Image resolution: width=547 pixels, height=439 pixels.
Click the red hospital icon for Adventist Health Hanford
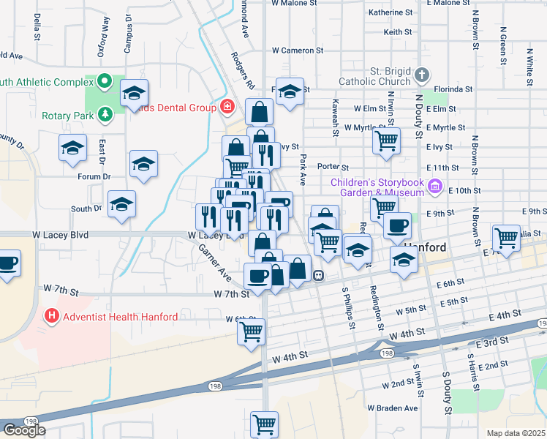point(52,317)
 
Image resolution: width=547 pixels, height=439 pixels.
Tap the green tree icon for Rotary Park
point(106,115)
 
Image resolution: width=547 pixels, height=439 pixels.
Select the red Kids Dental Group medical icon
point(227,108)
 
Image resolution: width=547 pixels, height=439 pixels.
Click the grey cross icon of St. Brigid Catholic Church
point(422,75)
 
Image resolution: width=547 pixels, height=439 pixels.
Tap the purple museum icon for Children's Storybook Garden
point(437,187)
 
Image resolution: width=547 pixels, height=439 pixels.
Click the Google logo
point(24,430)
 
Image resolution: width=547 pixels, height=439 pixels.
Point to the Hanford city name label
point(425,248)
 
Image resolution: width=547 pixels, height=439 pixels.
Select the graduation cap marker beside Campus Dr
point(135,94)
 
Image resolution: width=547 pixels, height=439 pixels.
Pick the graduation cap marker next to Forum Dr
point(143,165)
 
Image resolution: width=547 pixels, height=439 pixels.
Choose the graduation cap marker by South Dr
point(121,204)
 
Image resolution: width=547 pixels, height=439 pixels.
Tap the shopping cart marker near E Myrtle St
point(386,140)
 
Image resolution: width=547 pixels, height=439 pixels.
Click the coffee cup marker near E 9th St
point(397,225)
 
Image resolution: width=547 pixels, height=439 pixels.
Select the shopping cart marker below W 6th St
point(251,330)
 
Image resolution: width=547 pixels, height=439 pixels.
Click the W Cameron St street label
point(297,50)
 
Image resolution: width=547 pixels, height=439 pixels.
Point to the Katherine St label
point(391,12)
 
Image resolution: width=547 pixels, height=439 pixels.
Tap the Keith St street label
point(398,32)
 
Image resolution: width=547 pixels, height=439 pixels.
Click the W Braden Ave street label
point(392,408)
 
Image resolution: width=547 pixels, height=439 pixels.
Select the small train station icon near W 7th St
point(319,276)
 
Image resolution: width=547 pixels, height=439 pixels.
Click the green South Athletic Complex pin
point(104,81)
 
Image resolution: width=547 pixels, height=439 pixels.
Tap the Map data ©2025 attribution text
point(516,433)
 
